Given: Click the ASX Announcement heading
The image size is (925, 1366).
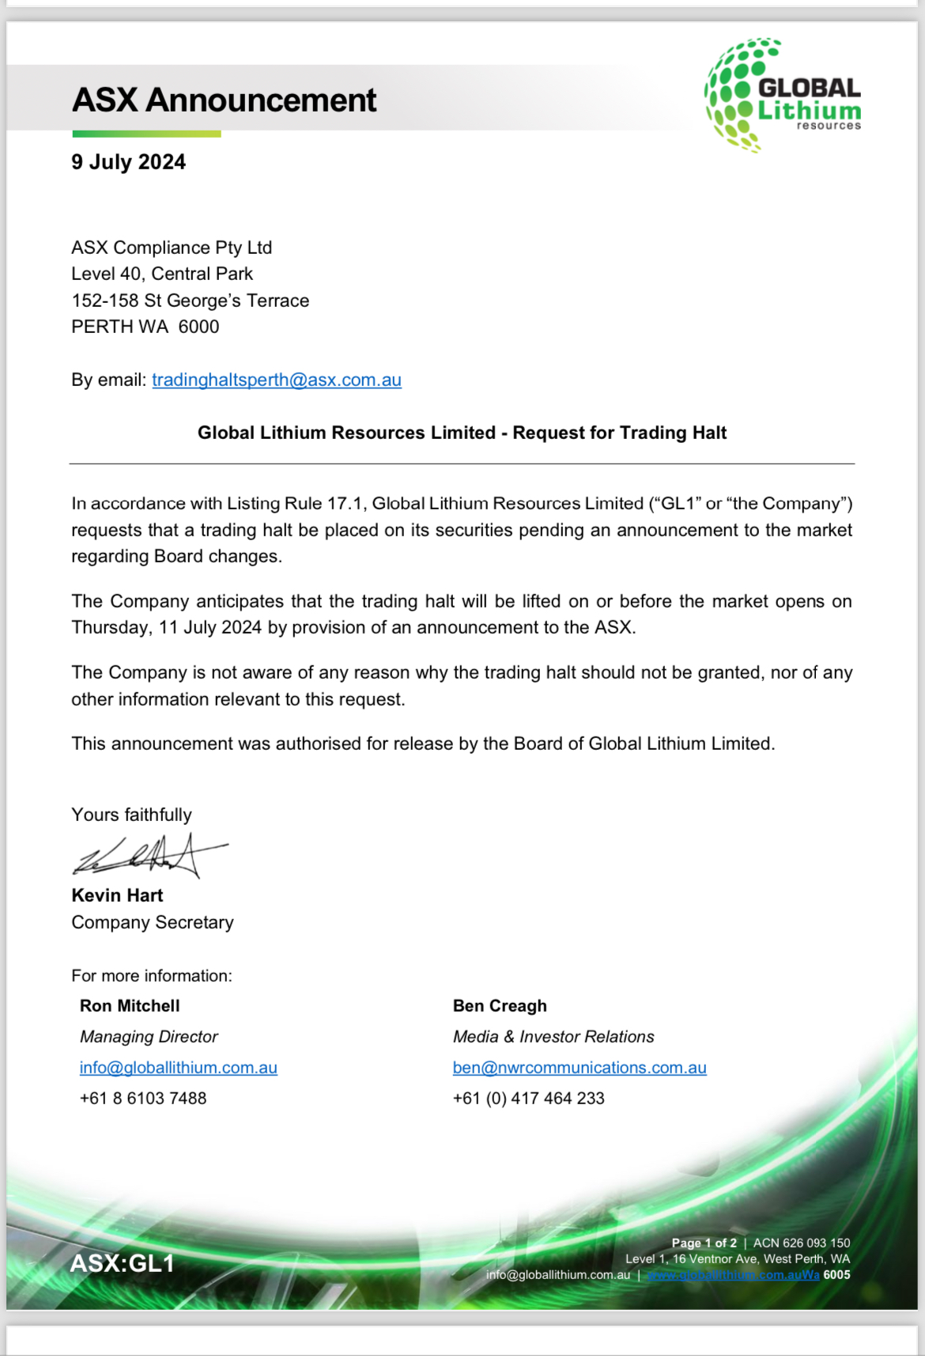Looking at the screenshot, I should [225, 100].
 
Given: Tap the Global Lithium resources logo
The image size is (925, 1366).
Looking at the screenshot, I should [782, 95].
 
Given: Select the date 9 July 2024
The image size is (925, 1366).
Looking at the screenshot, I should [129, 162].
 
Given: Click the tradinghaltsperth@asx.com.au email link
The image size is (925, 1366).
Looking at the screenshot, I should [277, 380].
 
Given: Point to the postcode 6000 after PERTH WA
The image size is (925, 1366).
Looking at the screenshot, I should [198, 327].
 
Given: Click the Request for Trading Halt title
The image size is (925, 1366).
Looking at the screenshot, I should [462, 433].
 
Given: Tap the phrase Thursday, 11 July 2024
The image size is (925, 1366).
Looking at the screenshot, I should [167, 628].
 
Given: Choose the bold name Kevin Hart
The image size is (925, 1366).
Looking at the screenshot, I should [117, 895].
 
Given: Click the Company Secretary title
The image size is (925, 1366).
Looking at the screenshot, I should [153, 922].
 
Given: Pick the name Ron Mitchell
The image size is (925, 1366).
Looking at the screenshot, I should [130, 1006].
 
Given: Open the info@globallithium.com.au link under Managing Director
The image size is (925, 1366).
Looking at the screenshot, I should [179, 1068].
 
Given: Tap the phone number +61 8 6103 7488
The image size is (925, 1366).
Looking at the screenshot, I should [143, 1099].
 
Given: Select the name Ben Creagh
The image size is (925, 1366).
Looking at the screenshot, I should [500, 1006].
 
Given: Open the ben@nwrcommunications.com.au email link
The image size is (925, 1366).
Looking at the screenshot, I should [580, 1068].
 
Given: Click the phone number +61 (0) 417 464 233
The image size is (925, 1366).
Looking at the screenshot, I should [528, 1099].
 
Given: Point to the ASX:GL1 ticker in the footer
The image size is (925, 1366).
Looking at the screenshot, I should [122, 1263].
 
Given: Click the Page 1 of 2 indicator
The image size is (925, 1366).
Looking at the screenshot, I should [704, 1243].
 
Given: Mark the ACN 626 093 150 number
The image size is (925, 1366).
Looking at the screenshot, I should [802, 1243].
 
